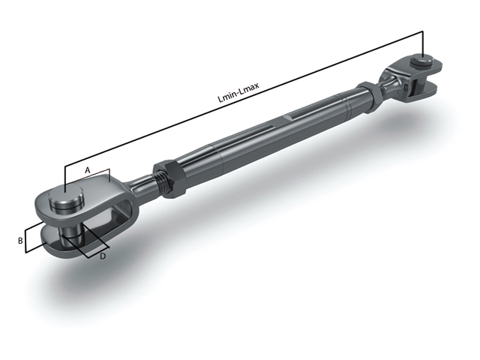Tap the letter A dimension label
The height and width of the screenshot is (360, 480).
point(87,170)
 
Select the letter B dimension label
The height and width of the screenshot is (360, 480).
point(21,240)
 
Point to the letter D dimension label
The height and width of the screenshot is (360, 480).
point(102,256)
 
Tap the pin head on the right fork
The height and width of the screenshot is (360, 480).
point(423,60)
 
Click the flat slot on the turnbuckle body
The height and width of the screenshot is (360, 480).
point(294,118)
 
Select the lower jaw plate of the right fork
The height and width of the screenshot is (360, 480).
point(424,91)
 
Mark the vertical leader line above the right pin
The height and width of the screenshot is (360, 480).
point(423,43)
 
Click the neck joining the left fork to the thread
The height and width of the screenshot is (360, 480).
point(139,186)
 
